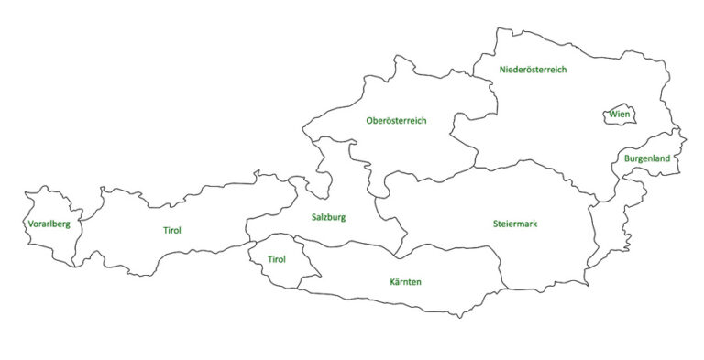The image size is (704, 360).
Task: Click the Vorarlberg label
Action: click(x=49, y=224)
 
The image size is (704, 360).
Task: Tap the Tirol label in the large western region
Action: click(x=172, y=230)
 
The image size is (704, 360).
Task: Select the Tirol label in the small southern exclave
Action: click(x=276, y=259)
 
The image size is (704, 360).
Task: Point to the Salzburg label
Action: click(x=327, y=217)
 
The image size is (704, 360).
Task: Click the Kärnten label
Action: click(x=404, y=282)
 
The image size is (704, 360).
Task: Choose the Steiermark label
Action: click(x=514, y=224)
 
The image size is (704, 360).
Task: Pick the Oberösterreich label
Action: click(x=396, y=121)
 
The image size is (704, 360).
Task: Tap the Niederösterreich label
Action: click(x=533, y=70)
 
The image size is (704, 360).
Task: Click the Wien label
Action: click(x=620, y=115)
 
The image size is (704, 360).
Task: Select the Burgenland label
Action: click(x=647, y=158)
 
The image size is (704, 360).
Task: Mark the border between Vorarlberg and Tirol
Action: click(x=88, y=224)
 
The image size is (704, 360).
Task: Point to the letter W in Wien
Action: click(x=612, y=115)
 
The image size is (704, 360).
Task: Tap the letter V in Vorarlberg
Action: click(x=31, y=224)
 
